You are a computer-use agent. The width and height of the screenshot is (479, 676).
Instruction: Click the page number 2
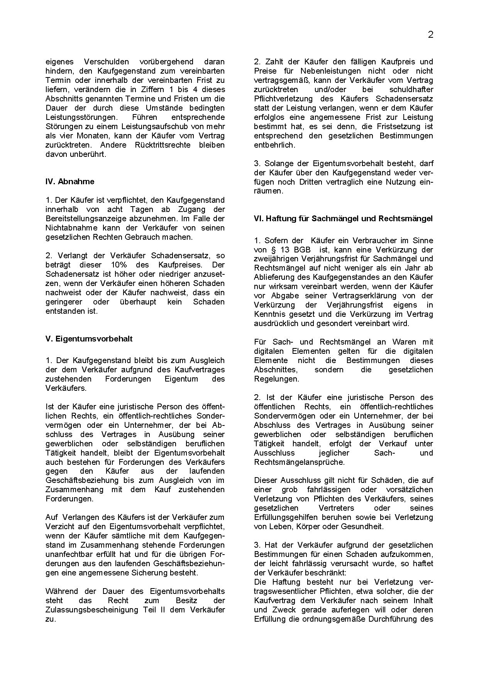coord(431,35)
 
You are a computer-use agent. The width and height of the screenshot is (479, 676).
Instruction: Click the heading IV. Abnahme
coord(70,182)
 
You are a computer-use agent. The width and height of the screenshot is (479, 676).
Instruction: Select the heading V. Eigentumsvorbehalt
coord(89,339)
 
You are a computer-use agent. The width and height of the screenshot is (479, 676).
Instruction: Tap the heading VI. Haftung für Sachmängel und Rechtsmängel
coord(343,219)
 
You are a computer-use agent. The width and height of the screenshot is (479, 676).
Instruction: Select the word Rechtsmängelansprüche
coord(299,462)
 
